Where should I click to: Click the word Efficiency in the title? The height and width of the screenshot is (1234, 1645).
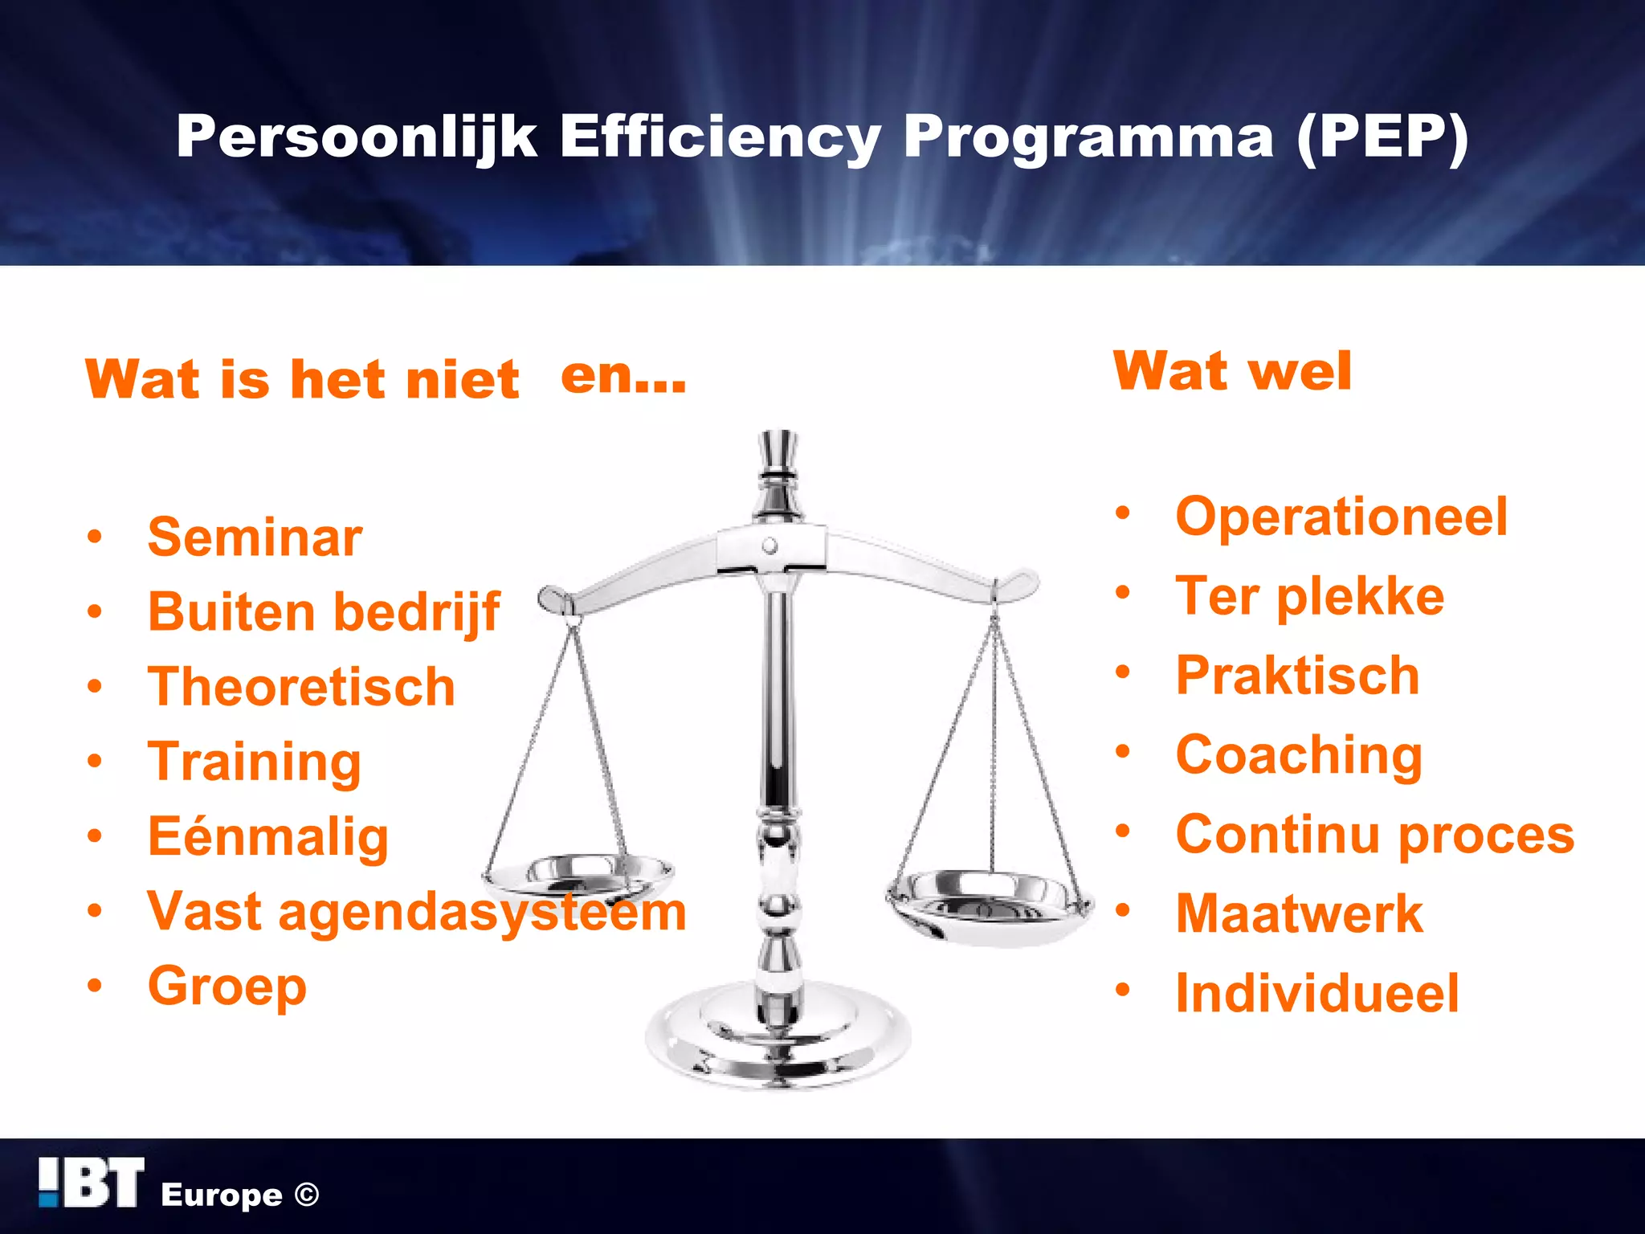click(720, 137)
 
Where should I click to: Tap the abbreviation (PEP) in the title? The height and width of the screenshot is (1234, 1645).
click(1382, 137)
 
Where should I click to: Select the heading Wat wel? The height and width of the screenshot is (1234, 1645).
click(1232, 371)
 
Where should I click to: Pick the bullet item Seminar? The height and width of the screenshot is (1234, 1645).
click(255, 537)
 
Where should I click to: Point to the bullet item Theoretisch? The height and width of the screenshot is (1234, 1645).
click(301, 687)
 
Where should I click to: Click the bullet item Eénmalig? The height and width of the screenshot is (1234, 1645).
click(268, 836)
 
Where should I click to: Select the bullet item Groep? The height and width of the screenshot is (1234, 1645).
click(227, 986)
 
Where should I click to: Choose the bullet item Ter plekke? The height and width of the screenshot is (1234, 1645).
click(1309, 596)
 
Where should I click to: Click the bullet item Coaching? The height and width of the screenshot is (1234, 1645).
click(1299, 755)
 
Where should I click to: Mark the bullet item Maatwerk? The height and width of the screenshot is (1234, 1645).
click(1299, 913)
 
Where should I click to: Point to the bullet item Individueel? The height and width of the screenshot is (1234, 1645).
click(1317, 993)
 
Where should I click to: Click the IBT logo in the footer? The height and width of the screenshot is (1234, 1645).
click(92, 1183)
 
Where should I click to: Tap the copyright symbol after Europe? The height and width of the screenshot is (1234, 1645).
click(307, 1195)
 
